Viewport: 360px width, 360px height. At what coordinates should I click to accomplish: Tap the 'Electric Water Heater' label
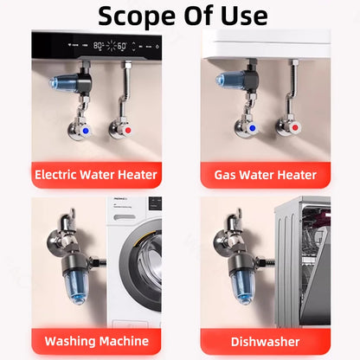(96, 175)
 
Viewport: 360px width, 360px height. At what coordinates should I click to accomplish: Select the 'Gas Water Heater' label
(266, 175)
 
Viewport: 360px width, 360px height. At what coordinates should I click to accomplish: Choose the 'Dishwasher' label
(266, 341)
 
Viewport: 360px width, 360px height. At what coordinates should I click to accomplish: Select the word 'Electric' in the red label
(59, 175)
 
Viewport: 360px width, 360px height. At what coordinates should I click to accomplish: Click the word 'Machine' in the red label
(120, 341)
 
